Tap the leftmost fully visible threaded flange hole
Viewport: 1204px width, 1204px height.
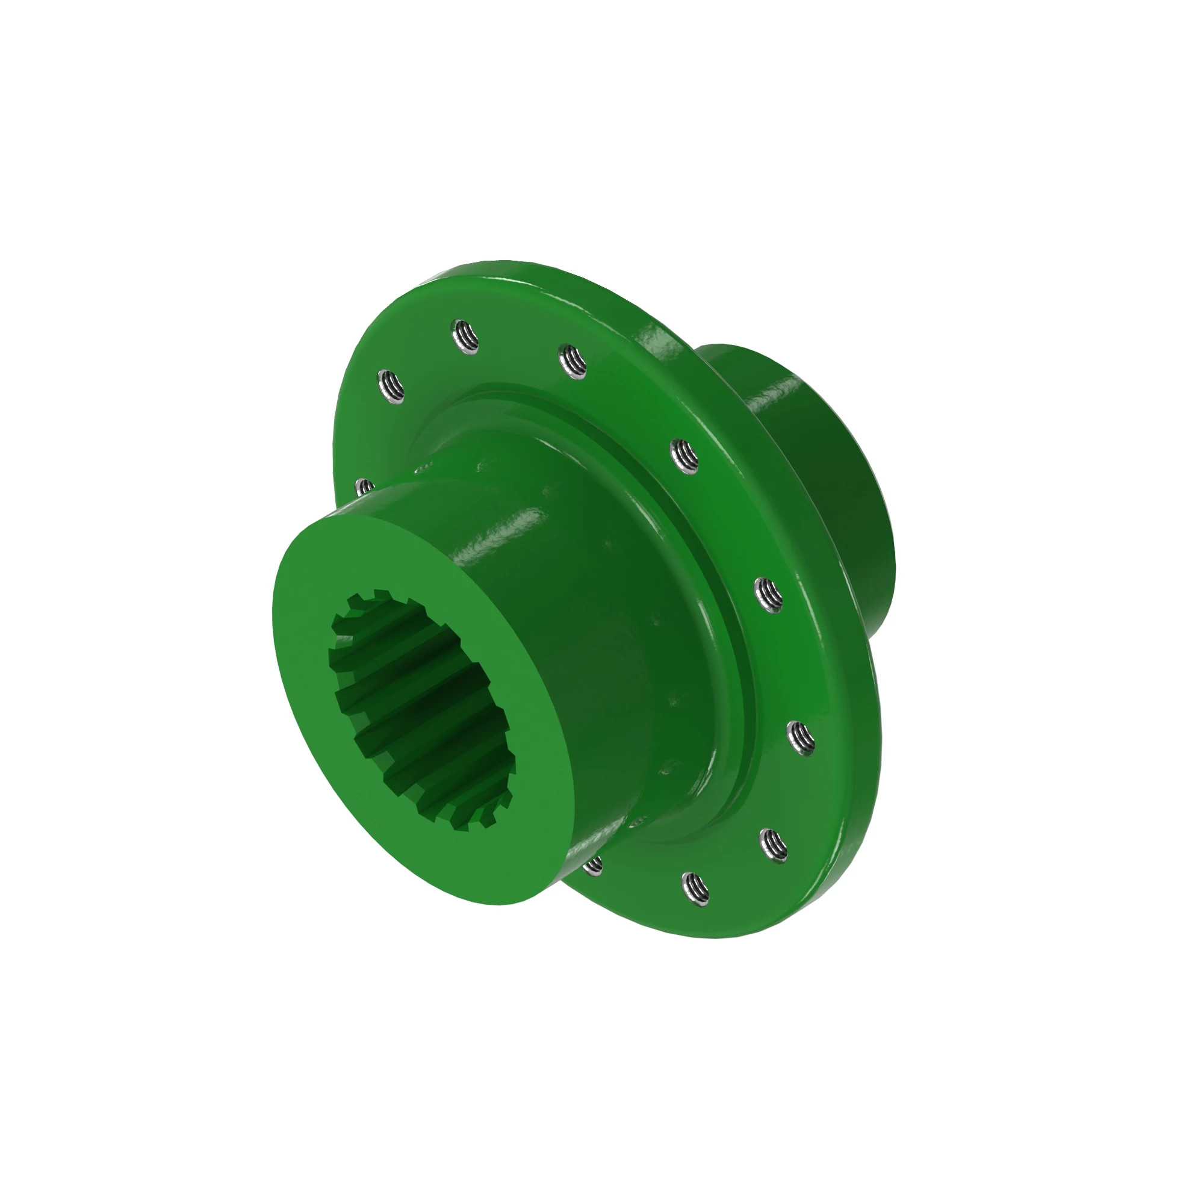pos(391,385)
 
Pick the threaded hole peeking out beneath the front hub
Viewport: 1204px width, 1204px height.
pos(594,865)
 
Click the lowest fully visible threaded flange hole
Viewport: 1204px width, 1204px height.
pos(695,889)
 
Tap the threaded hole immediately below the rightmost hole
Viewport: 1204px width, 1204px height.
pos(774,846)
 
